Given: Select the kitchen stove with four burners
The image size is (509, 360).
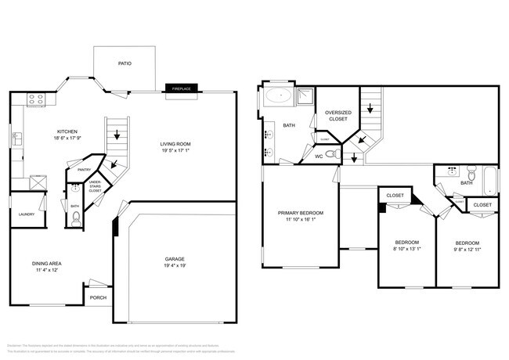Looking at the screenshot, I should click(35, 99).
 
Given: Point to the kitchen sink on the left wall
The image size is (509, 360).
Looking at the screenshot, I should click(16, 139).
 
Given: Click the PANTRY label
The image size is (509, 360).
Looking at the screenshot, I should click(85, 169).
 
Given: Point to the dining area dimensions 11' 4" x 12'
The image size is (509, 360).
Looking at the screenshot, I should click(46, 271).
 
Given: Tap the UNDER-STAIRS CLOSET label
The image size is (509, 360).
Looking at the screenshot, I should click(95, 186).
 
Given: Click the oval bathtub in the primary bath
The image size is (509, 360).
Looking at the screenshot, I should click(277, 97).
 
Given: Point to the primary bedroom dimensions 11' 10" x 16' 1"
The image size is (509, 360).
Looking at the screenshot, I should click(300, 220).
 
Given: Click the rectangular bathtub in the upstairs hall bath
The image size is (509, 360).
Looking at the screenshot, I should click(490, 182).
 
